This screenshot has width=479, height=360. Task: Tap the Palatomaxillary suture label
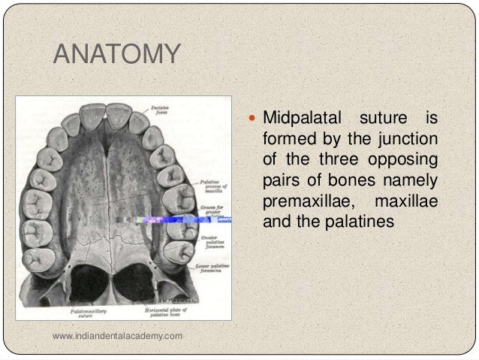coord(84,312)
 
